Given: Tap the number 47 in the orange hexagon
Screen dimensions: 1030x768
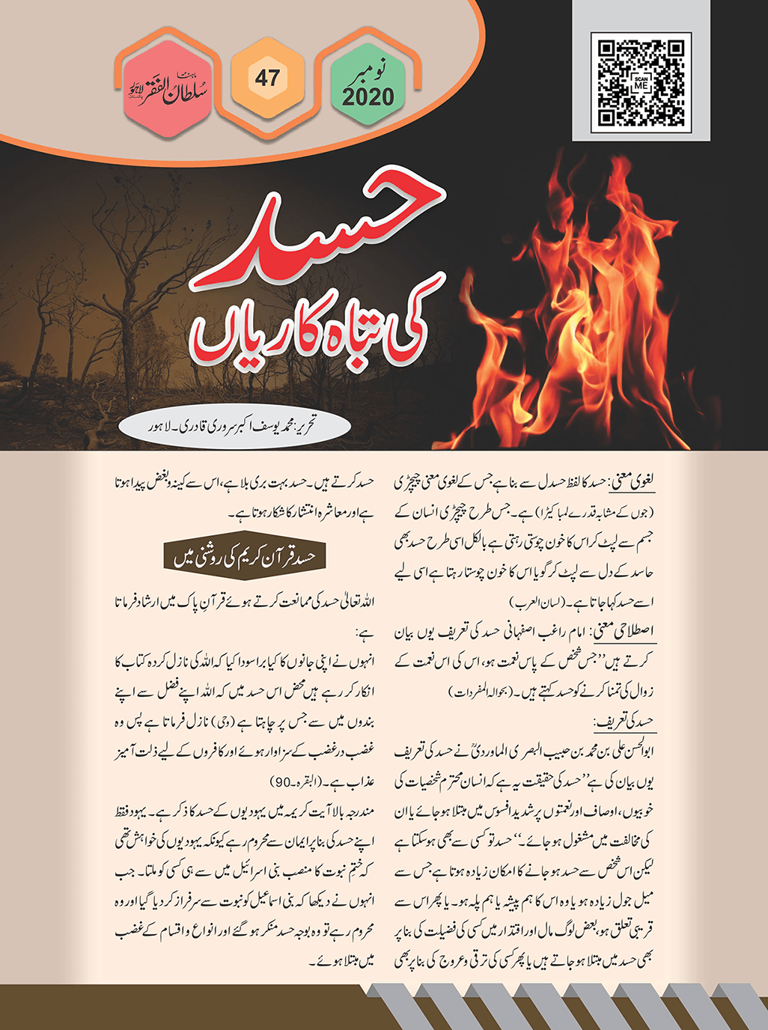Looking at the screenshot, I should (267, 77).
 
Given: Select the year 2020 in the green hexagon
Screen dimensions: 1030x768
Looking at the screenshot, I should (368, 97).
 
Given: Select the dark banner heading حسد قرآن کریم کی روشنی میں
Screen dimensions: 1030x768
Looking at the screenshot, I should (245, 557).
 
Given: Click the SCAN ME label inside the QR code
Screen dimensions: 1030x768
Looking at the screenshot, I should (641, 83).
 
